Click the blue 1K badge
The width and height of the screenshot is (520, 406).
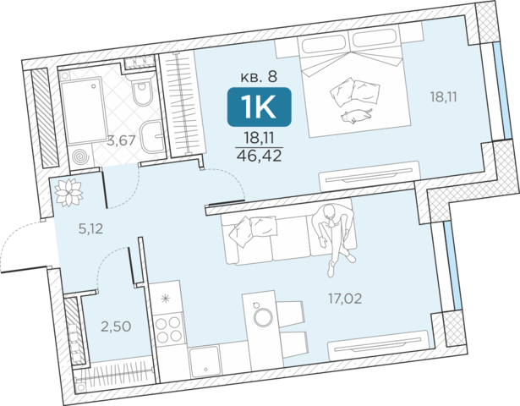259,107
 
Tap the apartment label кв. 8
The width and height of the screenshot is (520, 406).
259,77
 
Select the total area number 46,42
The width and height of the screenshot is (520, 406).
259,156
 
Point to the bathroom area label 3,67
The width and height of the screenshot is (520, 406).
122,140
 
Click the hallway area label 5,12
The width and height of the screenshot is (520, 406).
90,228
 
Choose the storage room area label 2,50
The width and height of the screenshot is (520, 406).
116,326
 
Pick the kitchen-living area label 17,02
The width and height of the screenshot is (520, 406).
345,299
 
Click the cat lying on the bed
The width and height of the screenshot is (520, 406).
356,116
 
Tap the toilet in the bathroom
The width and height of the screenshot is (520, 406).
143,89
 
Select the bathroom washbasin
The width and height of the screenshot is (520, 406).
152,136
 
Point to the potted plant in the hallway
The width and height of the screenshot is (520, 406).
68,192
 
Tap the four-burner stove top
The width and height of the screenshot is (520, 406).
169,329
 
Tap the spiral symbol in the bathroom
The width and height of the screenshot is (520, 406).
80,156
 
